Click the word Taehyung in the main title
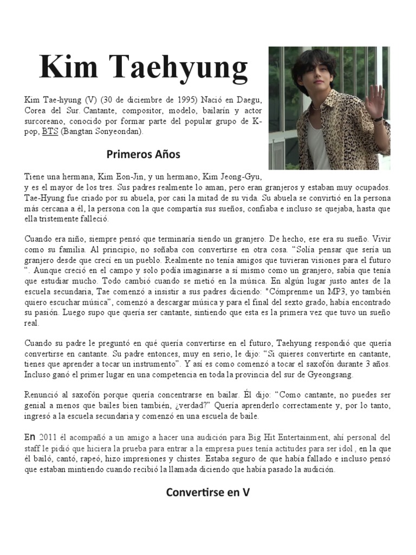coord(181,69)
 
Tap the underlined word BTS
coord(49,132)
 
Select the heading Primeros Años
coord(144,154)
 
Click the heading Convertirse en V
coord(207,493)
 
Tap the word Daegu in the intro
coord(249,101)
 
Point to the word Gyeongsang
coord(326,375)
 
